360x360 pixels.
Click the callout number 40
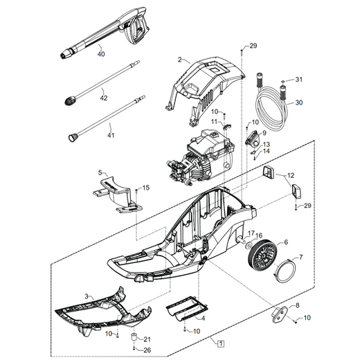(101, 54)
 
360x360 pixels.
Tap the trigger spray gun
(104, 33)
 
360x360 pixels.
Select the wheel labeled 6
(262, 253)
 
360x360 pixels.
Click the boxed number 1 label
(221, 343)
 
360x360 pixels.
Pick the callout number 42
(104, 98)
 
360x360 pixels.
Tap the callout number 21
(147, 339)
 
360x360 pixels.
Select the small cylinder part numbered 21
(134, 337)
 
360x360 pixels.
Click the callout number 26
(147, 350)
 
